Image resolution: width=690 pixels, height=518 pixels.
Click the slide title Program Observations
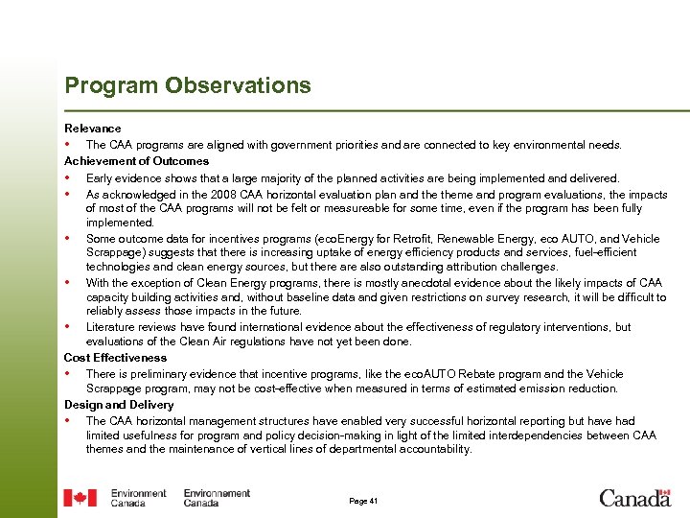(x=188, y=85)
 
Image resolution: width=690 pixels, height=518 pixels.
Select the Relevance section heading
(x=93, y=129)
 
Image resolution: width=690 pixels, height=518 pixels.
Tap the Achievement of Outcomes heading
(x=136, y=161)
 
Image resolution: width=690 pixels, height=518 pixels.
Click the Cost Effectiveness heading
(x=115, y=358)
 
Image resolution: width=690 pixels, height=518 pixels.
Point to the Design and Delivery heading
(x=119, y=405)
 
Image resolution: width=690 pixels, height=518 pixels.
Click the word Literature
(x=110, y=327)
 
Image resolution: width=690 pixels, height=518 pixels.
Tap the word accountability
(x=427, y=449)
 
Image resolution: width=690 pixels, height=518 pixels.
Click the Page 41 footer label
(x=364, y=501)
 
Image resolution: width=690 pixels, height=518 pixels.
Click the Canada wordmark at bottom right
(x=634, y=498)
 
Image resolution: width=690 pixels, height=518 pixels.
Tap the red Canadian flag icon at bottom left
(x=80, y=498)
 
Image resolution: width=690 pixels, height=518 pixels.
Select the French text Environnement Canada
(x=216, y=498)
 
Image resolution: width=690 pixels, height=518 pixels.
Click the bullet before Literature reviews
(x=68, y=327)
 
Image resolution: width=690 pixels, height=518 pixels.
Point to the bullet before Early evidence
(x=68, y=177)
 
